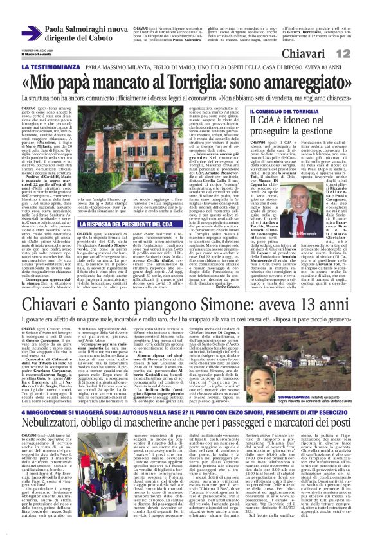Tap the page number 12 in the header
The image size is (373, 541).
pyautogui.click(x=361, y=52)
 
